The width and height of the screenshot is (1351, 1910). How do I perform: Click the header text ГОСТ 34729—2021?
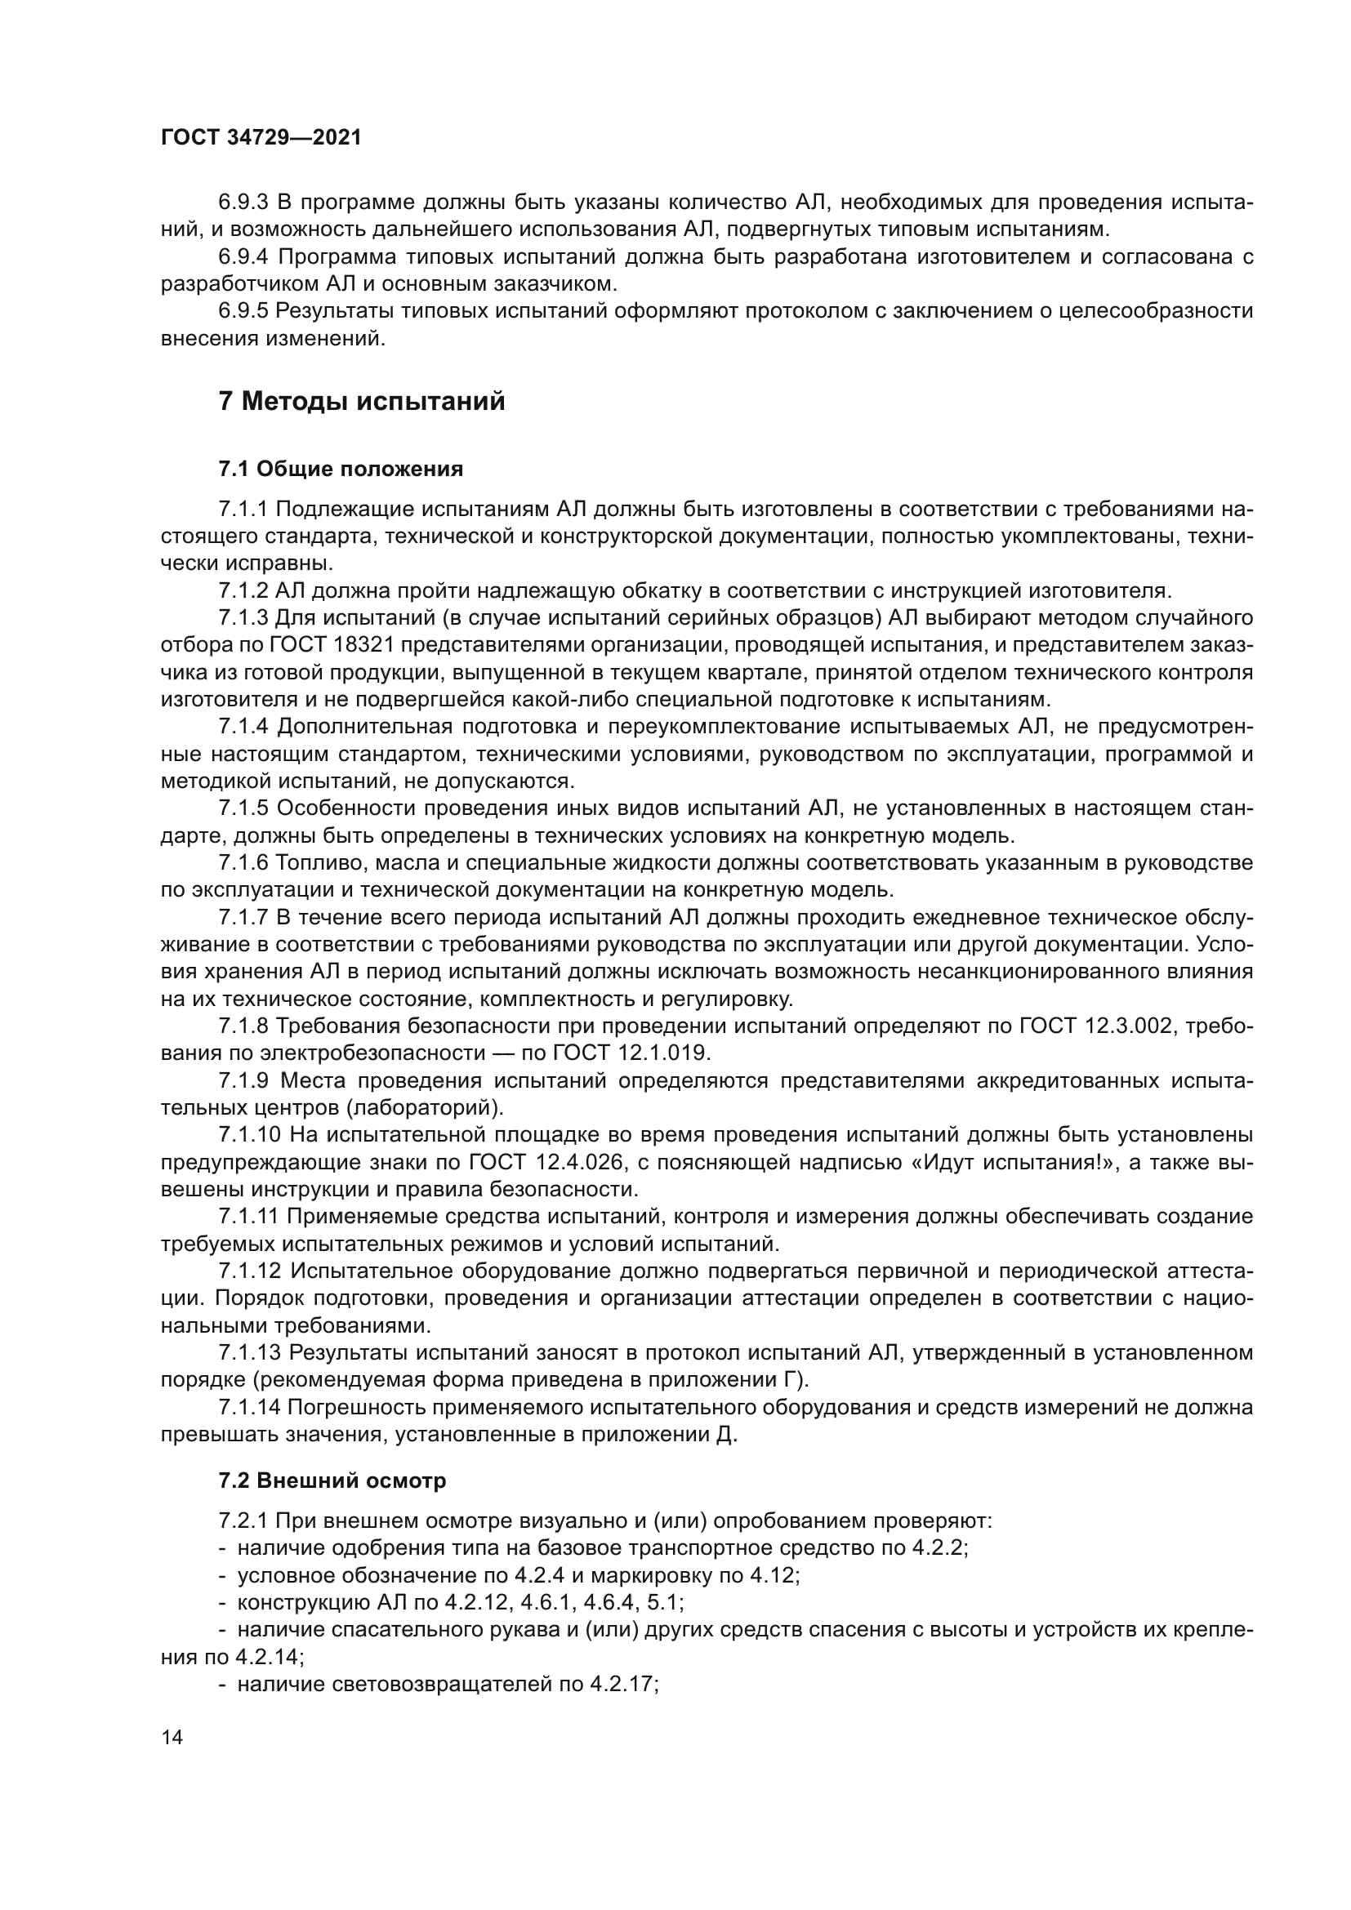click(261, 138)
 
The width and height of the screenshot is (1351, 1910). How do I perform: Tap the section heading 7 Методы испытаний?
click(362, 402)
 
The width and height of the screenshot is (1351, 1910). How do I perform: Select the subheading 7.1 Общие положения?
click(341, 470)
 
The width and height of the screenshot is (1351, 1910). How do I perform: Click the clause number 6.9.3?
click(243, 203)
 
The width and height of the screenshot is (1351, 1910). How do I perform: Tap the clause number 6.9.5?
click(243, 311)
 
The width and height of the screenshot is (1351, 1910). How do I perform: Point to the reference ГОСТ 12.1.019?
click(631, 1053)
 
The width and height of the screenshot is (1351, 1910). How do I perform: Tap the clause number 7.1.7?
click(243, 918)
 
